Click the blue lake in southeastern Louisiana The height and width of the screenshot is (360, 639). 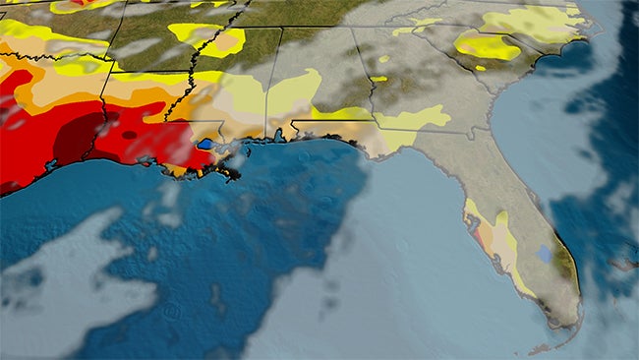(x=204, y=144)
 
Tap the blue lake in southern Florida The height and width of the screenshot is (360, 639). (x=544, y=254)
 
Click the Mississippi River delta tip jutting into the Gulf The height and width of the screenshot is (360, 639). (x=232, y=176)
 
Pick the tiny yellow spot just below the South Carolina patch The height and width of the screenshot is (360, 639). (x=480, y=68)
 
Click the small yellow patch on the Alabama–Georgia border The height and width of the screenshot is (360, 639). (x=378, y=78)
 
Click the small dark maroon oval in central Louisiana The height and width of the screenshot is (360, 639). (x=130, y=134)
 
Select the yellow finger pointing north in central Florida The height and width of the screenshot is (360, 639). (x=501, y=220)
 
